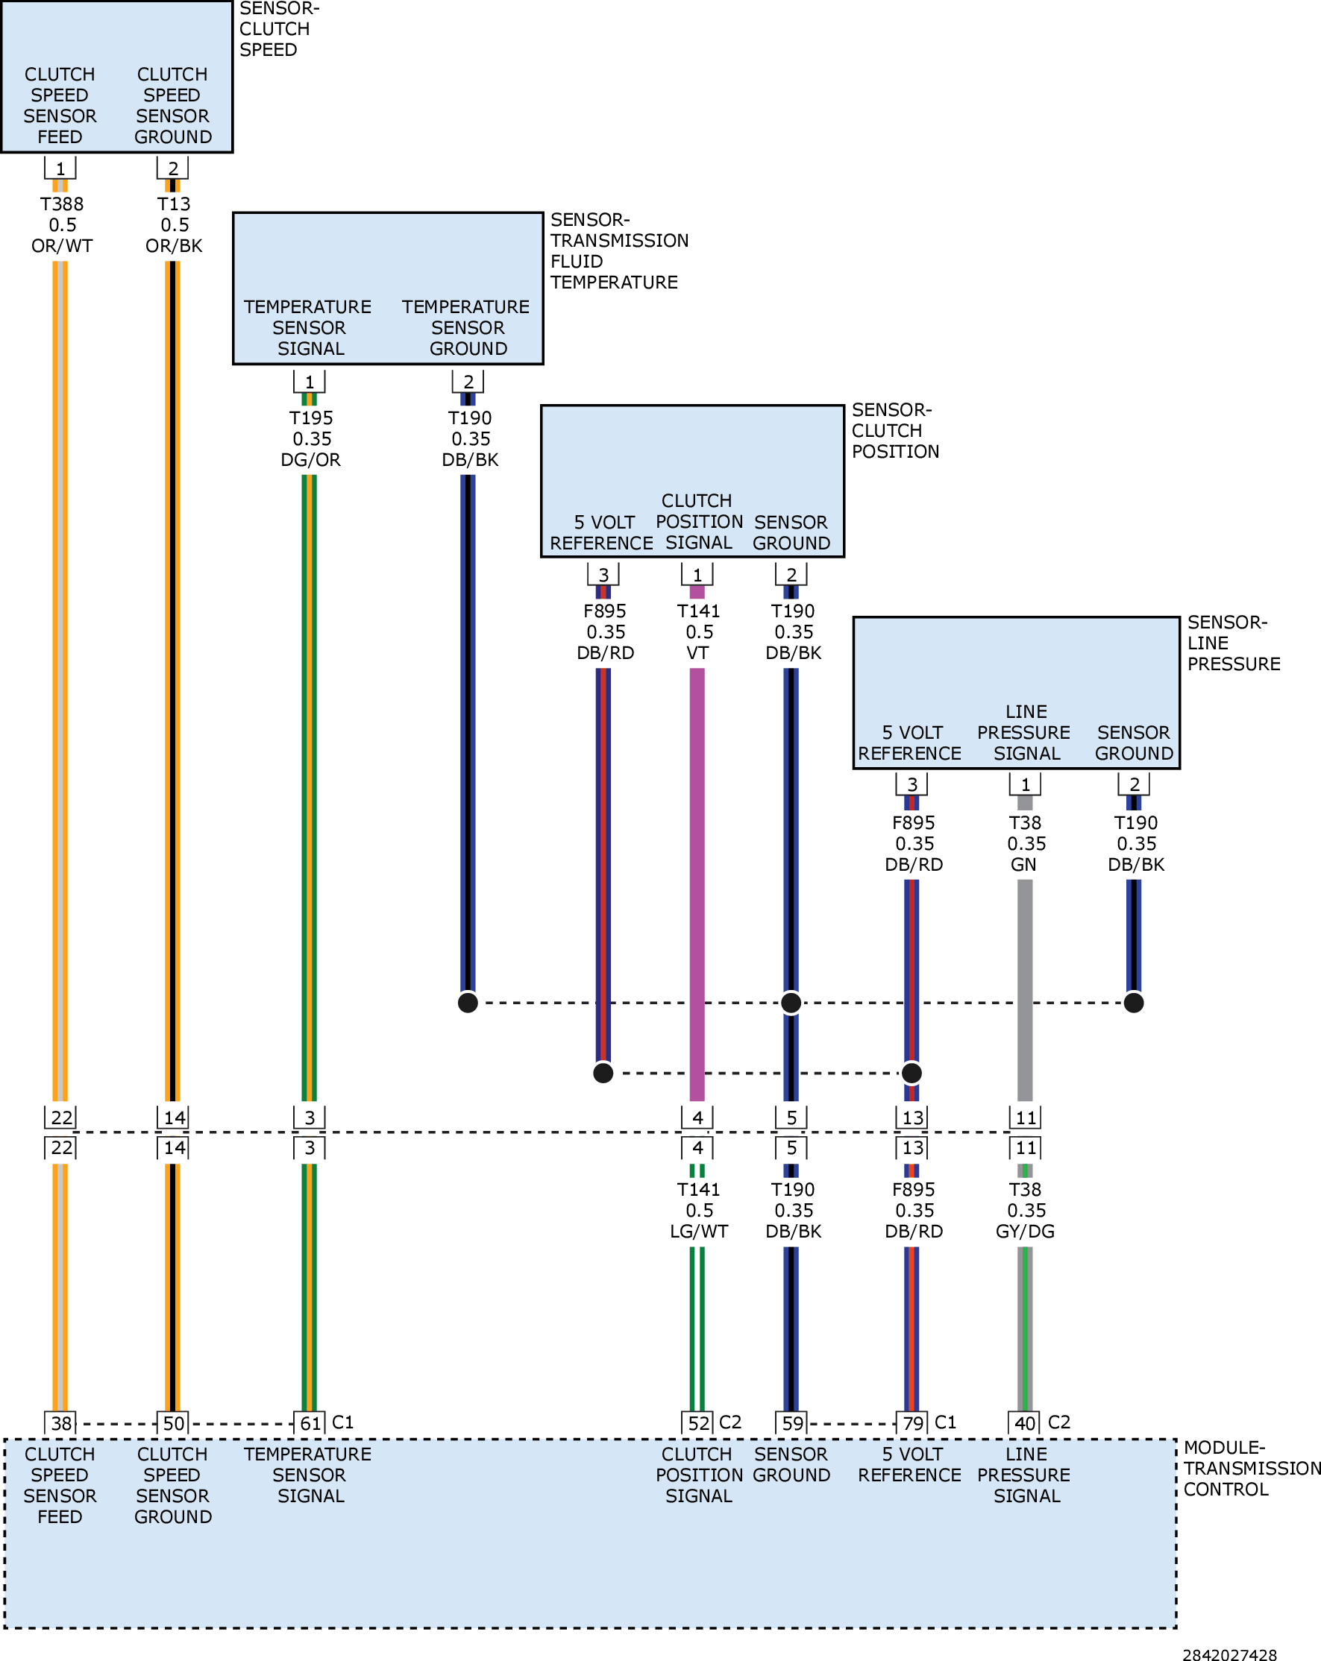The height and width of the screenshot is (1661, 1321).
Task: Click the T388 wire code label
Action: point(62,204)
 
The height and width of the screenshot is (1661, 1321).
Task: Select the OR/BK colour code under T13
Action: point(175,246)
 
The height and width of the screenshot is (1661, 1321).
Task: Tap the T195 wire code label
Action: point(310,418)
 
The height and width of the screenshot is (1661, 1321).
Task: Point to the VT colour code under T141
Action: point(697,653)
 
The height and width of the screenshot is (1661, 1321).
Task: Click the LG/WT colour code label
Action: point(699,1231)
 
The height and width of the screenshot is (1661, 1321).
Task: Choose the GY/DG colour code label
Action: point(1025,1231)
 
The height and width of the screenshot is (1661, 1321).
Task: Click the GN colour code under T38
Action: point(1023,864)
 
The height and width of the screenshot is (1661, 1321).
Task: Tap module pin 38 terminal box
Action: point(61,1423)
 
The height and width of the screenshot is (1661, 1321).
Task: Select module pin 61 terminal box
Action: point(310,1423)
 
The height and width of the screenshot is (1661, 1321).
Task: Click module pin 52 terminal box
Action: point(698,1423)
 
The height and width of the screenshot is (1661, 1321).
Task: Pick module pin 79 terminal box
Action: point(912,1423)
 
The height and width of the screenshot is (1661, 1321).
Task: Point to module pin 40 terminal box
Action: point(1025,1423)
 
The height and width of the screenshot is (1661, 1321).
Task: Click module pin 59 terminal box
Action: point(792,1423)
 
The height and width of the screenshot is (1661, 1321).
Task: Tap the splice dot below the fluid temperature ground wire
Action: point(468,1003)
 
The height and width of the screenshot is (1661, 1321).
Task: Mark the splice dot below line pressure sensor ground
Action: point(1134,1003)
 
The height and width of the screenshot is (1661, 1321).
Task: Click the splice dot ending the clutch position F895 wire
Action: point(603,1074)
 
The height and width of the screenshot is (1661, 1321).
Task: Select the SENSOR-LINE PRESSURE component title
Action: point(1233,643)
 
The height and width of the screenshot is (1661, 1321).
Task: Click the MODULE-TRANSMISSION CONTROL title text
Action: point(1252,1469)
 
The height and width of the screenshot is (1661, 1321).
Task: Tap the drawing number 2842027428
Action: point(1229,1654)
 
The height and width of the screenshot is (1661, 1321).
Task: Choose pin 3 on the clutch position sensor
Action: point(603,575)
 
